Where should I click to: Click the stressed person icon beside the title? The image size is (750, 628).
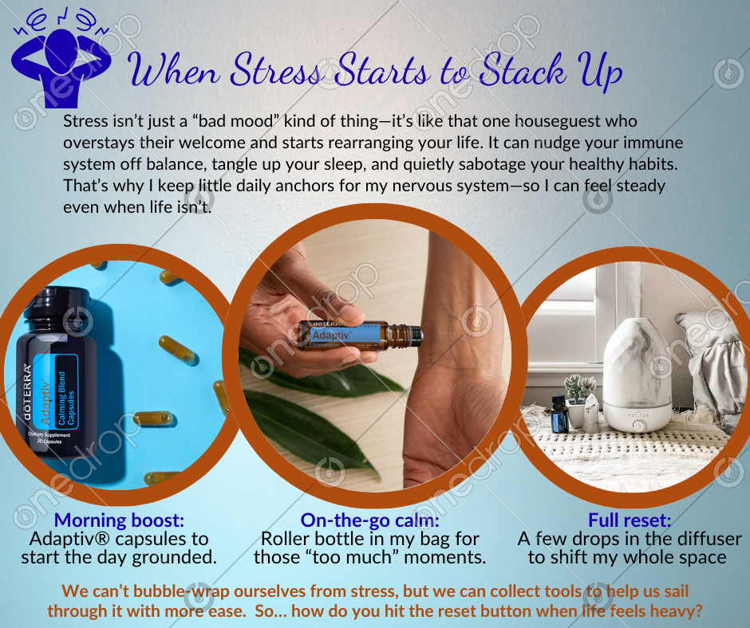pos(61,60)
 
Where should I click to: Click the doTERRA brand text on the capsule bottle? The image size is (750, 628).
pos(27,392)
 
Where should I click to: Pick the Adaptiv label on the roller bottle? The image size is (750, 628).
pos(331,336)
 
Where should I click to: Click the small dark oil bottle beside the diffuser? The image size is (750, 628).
pos(559,414)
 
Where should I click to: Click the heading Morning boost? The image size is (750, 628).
pos(119,520)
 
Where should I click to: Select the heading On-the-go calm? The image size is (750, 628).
pos(369,520)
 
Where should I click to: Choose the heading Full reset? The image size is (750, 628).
pos(630,520)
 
